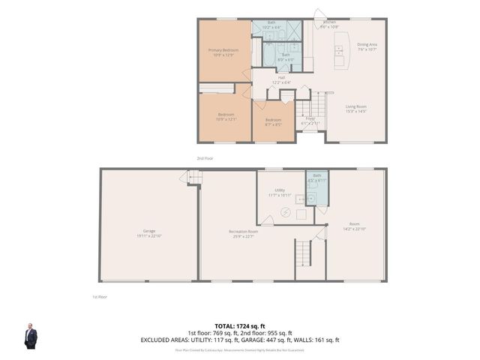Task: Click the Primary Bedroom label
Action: tap(224, 52)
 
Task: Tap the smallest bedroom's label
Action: tap(273, 121)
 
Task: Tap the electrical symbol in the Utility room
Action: tap(284, 213)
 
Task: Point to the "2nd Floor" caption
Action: tap(204, 159)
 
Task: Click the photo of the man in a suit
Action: tap(31, 336)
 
